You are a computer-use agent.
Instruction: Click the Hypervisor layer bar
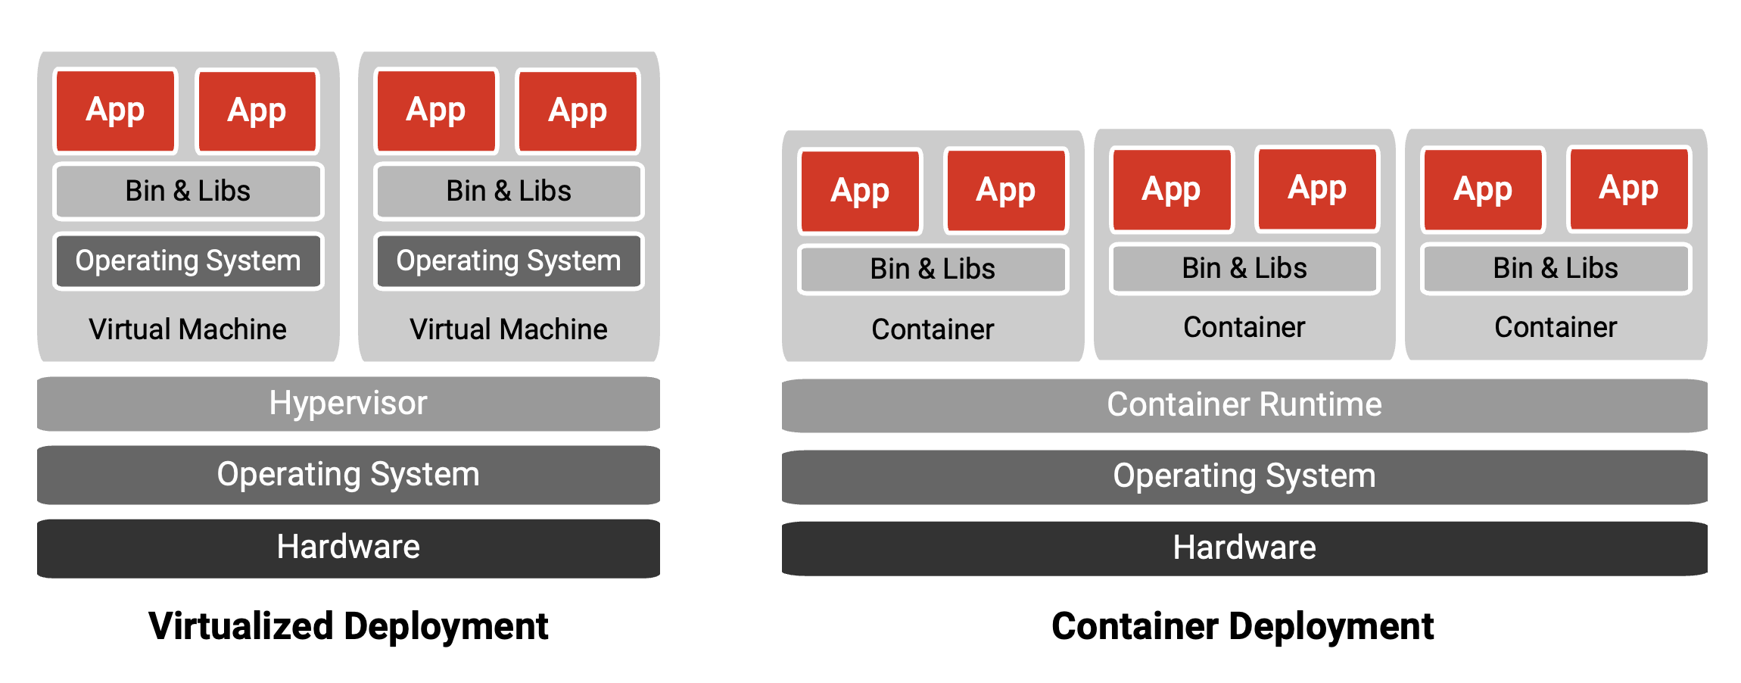coord(348,404)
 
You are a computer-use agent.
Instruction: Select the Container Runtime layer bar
coord(1244,405)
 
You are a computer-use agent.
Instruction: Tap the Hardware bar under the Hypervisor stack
coord(348,547)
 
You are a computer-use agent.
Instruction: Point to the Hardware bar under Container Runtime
coord(1244,548)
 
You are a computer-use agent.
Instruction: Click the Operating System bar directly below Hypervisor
coord(348,475)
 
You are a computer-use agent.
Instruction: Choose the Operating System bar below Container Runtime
coord(1244,476)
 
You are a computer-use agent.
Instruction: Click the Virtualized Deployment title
coord(348,626)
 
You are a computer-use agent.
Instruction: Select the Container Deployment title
coord(1242,626)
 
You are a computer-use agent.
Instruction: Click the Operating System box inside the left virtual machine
coord(188,261)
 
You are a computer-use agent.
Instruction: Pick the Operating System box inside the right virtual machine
coord(509,261)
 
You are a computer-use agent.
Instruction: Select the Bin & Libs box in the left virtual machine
coord(188,191)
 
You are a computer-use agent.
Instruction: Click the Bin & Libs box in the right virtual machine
coord(509,191)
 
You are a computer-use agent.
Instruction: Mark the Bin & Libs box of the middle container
coord(1244,268)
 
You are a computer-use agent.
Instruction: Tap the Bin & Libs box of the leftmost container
coord(933,269)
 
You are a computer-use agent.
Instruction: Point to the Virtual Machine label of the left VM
coord(188,329)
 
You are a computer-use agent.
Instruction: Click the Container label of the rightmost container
coord(1556,327)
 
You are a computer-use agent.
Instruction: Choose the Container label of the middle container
coord(1244,327)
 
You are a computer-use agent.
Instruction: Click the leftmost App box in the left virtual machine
coord(115,111)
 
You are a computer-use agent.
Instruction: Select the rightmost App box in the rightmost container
coord(1628,188)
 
